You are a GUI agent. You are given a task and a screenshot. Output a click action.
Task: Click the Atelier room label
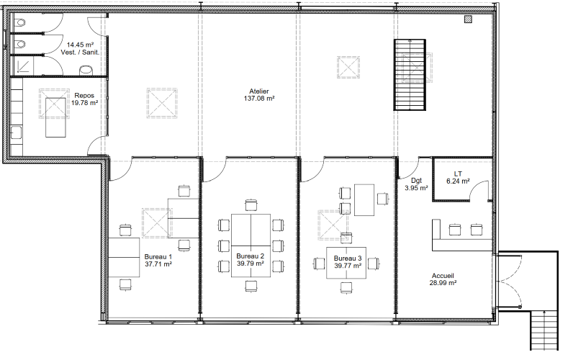259,91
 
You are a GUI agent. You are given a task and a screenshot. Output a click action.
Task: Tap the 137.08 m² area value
259,98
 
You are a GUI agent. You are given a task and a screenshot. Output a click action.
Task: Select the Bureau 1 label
158,257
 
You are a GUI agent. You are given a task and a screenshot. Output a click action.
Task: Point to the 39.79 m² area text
251,264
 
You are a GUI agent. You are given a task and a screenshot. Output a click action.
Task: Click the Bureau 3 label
348,258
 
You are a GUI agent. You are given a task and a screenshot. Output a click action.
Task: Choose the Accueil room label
443,276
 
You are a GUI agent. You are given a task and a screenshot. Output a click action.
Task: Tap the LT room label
458,174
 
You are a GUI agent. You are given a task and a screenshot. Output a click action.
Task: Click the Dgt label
416,181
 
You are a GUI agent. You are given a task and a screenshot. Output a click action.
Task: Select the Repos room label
84,96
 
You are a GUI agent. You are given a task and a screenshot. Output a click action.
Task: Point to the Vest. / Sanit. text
80,52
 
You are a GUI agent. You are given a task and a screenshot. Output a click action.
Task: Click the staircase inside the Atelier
410,75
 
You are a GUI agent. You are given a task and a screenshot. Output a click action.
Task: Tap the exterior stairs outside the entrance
544,330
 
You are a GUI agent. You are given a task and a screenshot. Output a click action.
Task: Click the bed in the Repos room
55,117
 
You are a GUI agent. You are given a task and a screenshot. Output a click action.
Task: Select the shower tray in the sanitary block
24,66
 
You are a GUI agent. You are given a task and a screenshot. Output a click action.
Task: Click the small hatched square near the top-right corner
469,19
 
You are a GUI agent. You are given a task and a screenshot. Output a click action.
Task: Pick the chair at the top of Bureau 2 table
251,205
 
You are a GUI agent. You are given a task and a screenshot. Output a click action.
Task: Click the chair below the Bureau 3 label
346,287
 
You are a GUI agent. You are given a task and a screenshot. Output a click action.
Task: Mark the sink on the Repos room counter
17,132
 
